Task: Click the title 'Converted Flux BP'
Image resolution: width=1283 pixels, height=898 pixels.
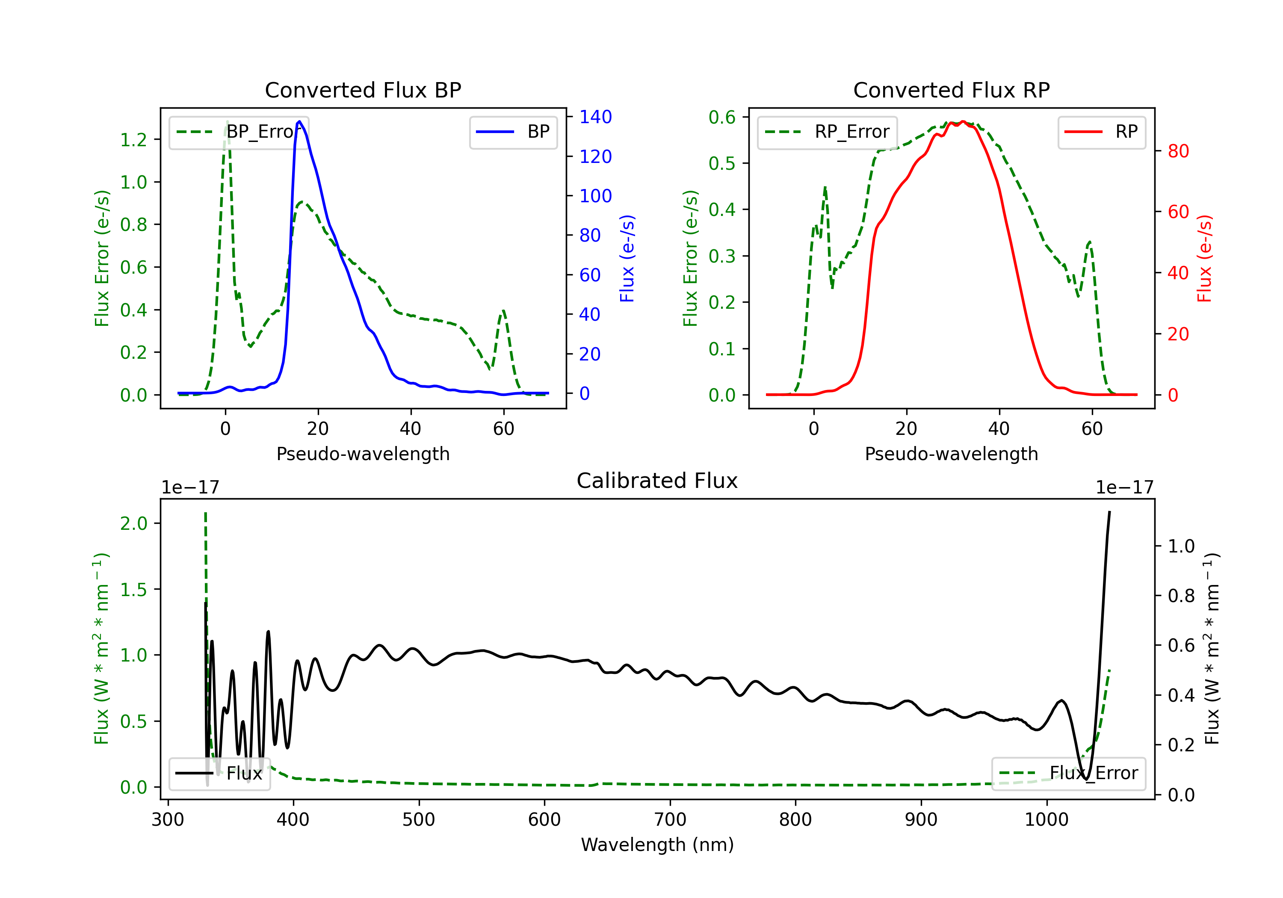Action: point(363,90)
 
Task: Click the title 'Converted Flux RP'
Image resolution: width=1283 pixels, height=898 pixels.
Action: point(951,90)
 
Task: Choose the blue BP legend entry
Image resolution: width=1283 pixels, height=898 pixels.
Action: point(513,132)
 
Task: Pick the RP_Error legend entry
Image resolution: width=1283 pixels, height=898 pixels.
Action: point(827,132)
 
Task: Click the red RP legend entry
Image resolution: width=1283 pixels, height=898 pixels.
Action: point(1101,132)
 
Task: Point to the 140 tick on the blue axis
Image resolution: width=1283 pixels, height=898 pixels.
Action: point(595,117)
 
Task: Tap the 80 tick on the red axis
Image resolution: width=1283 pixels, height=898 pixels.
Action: point(1178,151)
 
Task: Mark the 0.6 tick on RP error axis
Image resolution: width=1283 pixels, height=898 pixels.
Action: point(722,117)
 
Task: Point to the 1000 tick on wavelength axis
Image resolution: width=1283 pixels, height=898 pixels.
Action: point(1046,819)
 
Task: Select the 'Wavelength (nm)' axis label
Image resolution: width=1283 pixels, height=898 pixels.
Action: point(657,845)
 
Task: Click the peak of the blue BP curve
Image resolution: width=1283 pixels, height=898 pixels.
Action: point(299,121)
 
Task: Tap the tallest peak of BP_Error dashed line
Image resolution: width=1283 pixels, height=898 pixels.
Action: point(227,122)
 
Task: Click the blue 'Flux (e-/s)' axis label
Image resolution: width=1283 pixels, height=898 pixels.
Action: point(627,258)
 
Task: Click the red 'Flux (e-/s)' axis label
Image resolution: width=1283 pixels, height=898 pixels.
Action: point(1204,258)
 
